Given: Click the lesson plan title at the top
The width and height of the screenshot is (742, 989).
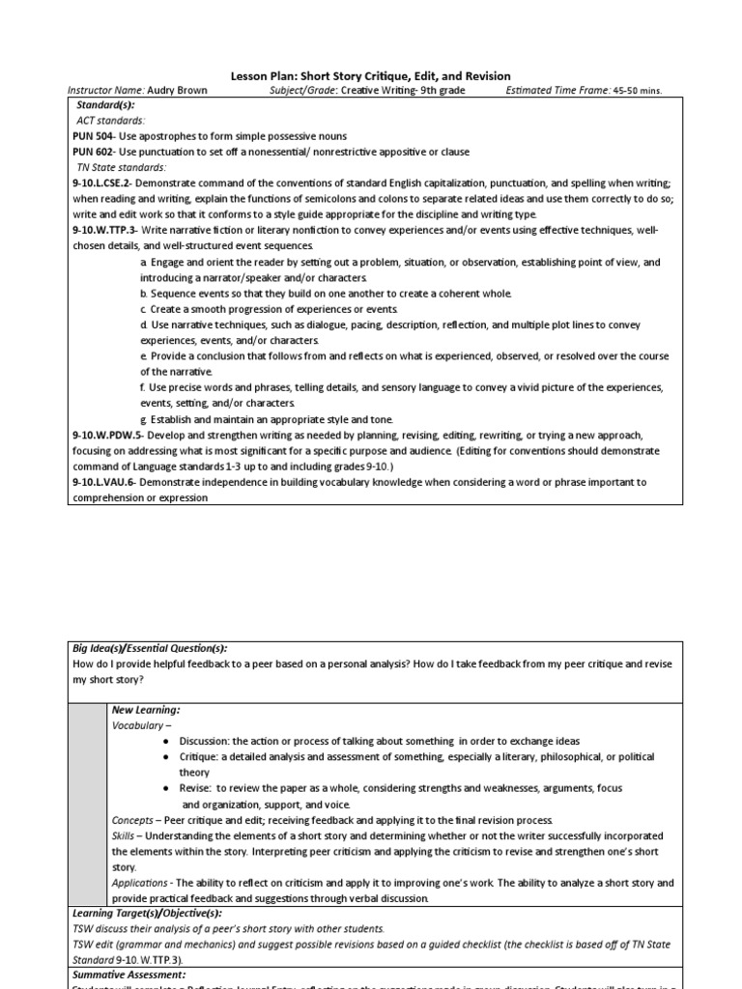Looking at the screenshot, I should click(x=371, y=75).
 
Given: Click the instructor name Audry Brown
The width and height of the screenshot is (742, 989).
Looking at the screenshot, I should click(x=178, y=91).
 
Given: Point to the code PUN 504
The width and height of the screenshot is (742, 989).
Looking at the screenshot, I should click(x=95, y=136).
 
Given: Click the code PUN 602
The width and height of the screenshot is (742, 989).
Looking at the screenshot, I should click(x=95, y=152).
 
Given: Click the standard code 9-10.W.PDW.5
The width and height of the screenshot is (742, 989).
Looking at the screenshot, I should click(x=109, y=435).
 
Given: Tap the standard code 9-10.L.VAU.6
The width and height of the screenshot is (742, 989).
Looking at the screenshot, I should click(x=107, y=481).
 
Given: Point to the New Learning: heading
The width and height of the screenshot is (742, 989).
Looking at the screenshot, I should click(x=146, y=710).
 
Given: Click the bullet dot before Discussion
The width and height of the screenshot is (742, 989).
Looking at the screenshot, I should click(x=167, y=741).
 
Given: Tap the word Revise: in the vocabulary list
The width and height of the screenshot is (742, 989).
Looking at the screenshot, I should click(x=197, y=788).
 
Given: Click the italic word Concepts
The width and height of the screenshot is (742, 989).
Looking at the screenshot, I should click(x=132, y=819).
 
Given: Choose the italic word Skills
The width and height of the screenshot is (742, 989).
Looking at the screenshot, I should click(x=123, y=834).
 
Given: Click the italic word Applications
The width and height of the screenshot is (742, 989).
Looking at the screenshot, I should click(x=139, y=883).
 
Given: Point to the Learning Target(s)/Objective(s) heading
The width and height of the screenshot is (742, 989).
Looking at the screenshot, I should click(x=148, y=913).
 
